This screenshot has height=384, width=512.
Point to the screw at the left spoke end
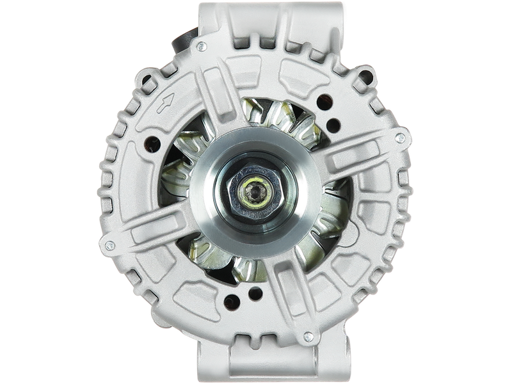[x=108, y=244]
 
